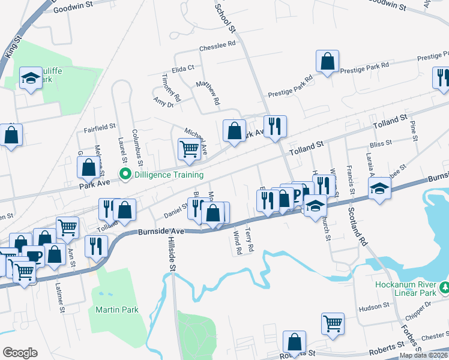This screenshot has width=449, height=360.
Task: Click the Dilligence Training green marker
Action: [x=125, y=175]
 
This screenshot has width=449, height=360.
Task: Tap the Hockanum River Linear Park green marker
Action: [x=444, y=289]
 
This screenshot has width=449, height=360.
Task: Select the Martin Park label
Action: [x=117, y=310]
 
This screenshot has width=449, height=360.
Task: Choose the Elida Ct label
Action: [x=184, y=68]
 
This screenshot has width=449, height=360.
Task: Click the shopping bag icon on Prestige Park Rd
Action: [x=327, y=61]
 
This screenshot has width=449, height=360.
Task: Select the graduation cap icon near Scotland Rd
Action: [x=379, y=190]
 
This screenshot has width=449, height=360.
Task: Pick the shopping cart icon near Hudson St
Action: [x=332, y=323]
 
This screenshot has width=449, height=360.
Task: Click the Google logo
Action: [x=20, y=353]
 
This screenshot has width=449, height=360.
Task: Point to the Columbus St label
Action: [x=137, y=146]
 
